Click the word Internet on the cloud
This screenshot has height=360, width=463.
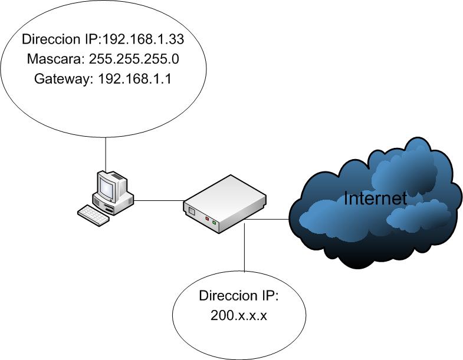click(375, 199)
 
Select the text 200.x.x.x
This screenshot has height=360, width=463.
click(239, 315)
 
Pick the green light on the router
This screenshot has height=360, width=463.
click(215, 222)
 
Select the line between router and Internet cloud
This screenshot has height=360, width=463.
click(268, 220)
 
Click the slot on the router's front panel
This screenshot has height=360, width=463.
click(192, 209)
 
